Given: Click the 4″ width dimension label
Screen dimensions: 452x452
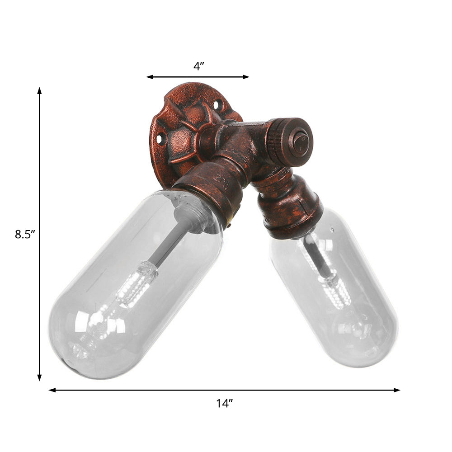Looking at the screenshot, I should pyautogui.click(x=199, y=66).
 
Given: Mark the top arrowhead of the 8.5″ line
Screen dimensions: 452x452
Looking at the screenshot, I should pyautogui.click(x=40, y=90).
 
